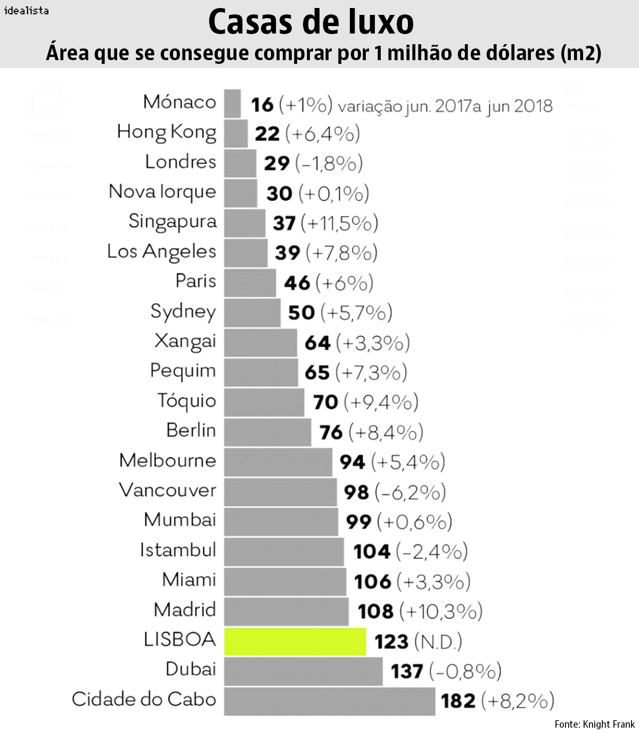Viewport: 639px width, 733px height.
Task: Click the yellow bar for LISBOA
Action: click(294, 641)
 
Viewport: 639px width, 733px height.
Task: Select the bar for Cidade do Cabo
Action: click(329, 701)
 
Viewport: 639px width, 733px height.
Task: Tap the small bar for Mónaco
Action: click(232, 103)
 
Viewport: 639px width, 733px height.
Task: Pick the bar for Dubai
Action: click(303, 671)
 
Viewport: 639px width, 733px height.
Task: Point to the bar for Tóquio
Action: click(264, 402)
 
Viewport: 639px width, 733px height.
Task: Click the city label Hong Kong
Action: click(167, 133)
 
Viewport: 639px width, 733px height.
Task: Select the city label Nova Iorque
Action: click(162, 192)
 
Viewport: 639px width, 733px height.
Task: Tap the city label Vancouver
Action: click(167, 490)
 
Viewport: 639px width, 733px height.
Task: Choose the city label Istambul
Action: click(178, 550)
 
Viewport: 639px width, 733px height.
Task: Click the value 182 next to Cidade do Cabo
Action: click(458, 701)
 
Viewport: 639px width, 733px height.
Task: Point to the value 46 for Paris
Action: click(297, 283)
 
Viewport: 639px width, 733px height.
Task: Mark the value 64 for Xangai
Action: click(317, 343)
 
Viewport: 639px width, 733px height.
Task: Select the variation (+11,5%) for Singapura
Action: click(340, 223)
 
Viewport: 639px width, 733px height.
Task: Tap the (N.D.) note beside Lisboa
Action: click(438, 642)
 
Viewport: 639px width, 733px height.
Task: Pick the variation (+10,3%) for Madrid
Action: click(441, 612)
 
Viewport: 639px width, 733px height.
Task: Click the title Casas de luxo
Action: click(310, 22)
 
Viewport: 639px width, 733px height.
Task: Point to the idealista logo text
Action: click(26, 10)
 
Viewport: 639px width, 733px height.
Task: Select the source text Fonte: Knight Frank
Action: click(594, 724)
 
